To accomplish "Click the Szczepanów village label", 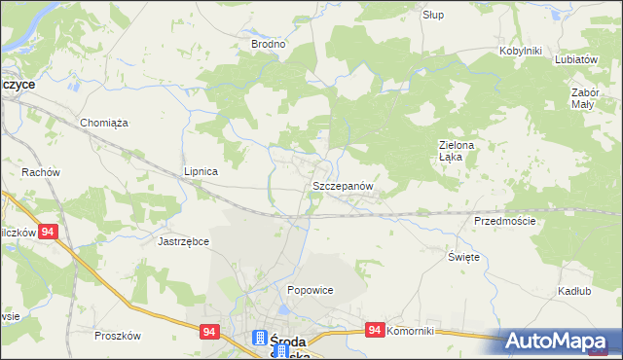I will click(x=342, y=185).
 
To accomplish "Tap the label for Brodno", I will click(x=269, y=44).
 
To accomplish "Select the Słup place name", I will click(x=433, y=16).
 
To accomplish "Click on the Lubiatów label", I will click(x=575, y=58).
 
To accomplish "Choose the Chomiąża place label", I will click(x=104, y=123).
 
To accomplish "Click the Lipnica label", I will click(x=201, y=171).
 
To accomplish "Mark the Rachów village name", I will click(x=41, y=172).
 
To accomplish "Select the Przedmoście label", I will click(x=505, y=221).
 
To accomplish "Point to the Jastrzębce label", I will click(x=184, y=240).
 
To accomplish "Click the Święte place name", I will click(x=463, y=256).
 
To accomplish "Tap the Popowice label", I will click(x=311, y=290).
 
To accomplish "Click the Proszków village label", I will click(x=118, y=336).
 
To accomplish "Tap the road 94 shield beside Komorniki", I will click(x=374, y=331).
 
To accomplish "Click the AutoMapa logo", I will click(x=559, y=342).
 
